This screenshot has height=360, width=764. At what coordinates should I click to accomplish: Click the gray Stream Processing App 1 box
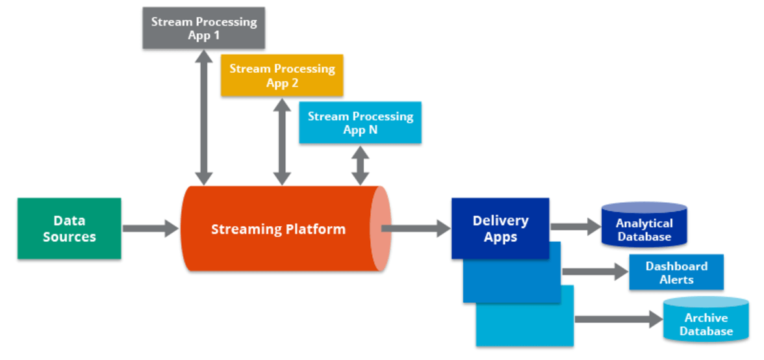204,28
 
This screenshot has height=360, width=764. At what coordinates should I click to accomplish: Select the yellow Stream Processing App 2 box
282,75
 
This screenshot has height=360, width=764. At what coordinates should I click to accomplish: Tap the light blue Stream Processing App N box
360,122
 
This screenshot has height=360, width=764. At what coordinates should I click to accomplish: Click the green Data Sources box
69,229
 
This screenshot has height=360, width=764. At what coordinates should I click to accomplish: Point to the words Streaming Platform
278,229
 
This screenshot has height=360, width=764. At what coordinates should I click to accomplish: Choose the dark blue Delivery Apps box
500,228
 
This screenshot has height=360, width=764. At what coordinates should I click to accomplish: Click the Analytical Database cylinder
644,225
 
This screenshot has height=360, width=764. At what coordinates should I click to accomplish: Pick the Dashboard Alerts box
676,272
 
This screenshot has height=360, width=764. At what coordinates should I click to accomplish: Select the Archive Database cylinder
706,320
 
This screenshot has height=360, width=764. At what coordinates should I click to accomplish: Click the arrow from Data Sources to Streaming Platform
150,228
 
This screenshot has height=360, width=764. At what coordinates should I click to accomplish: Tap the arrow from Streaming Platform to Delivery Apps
416,228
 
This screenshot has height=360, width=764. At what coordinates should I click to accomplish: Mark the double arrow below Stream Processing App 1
204,117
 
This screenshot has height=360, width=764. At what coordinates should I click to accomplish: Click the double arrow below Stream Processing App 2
282,141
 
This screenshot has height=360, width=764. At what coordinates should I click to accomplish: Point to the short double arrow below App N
360,164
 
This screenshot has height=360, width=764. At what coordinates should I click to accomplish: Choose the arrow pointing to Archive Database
618,318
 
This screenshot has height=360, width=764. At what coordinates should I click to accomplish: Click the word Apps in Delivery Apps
500,237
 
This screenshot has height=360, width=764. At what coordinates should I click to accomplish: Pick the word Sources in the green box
69,237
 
